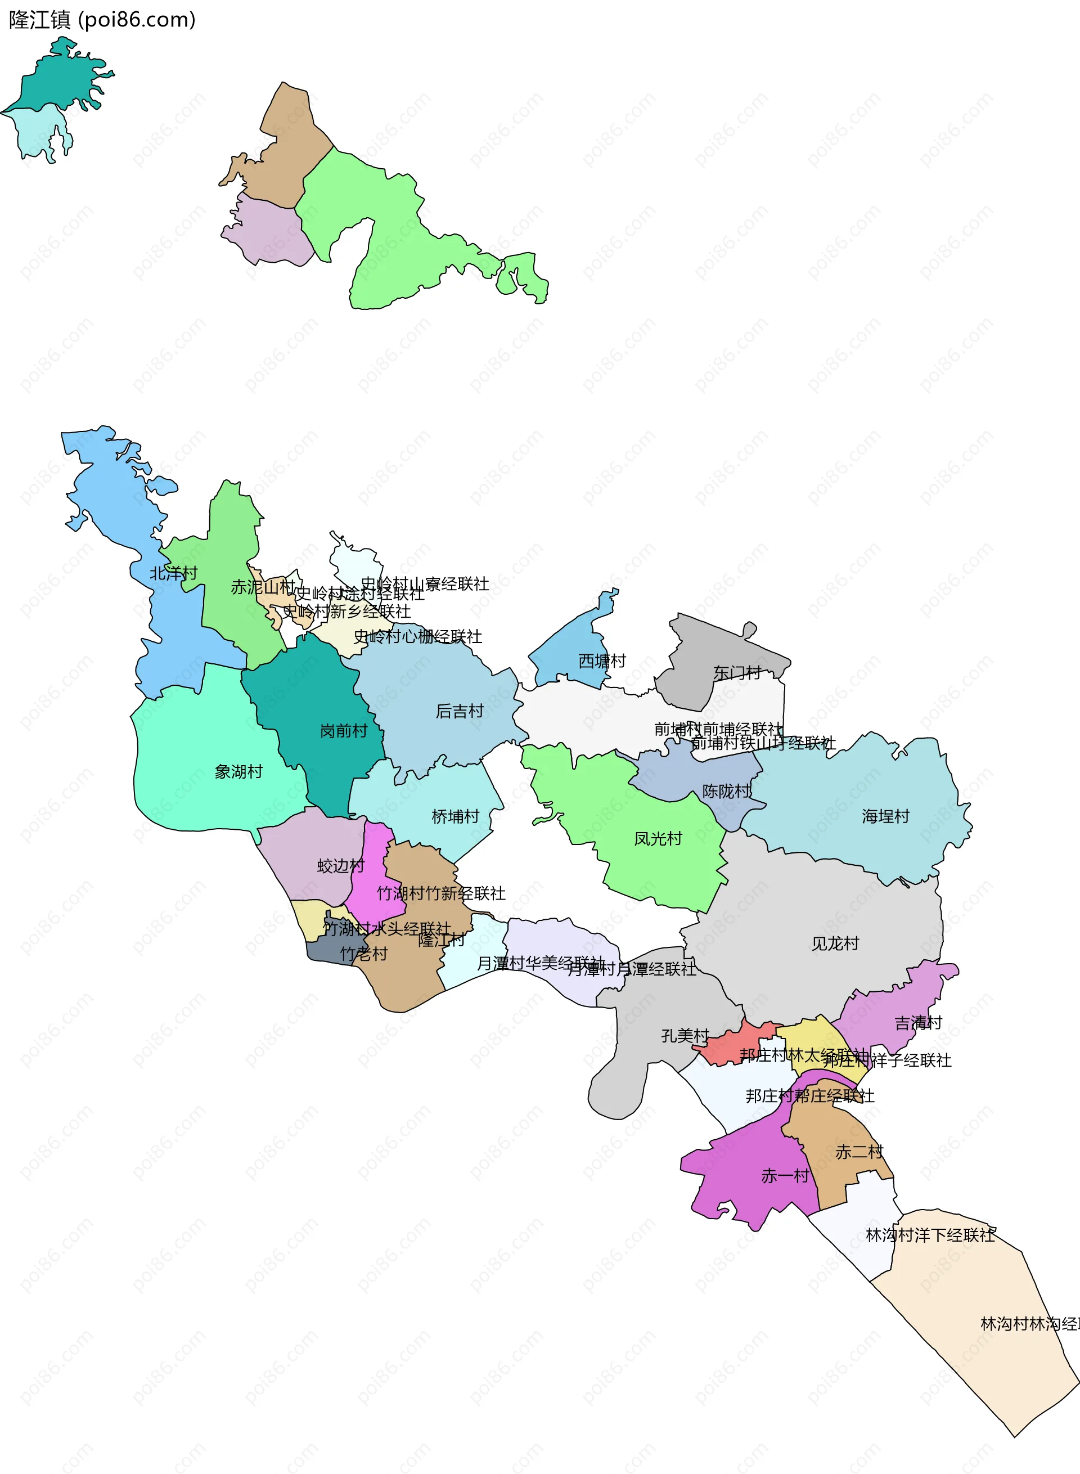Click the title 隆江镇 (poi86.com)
[x=102, y=20]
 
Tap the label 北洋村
[x=173, y=573]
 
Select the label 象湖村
[x=238, y=772]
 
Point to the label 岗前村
[x=343, y=731]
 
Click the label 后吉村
[x=460, y=711]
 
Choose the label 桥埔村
[x=456, y=816]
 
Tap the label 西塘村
[x=602, y=660]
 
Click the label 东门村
[x=737, y=672]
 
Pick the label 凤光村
[x=658, y=838]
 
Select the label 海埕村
[x=885, y=816]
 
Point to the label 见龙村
[x=835, y=943]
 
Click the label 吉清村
[x=918, y=1023]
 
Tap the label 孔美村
[x=685, y=1036]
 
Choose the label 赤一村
[x=785, y=1176]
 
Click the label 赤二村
[x=859, y=1152]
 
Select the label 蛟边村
[x=341, y=866]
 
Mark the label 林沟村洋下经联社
[x=930, y=1235]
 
